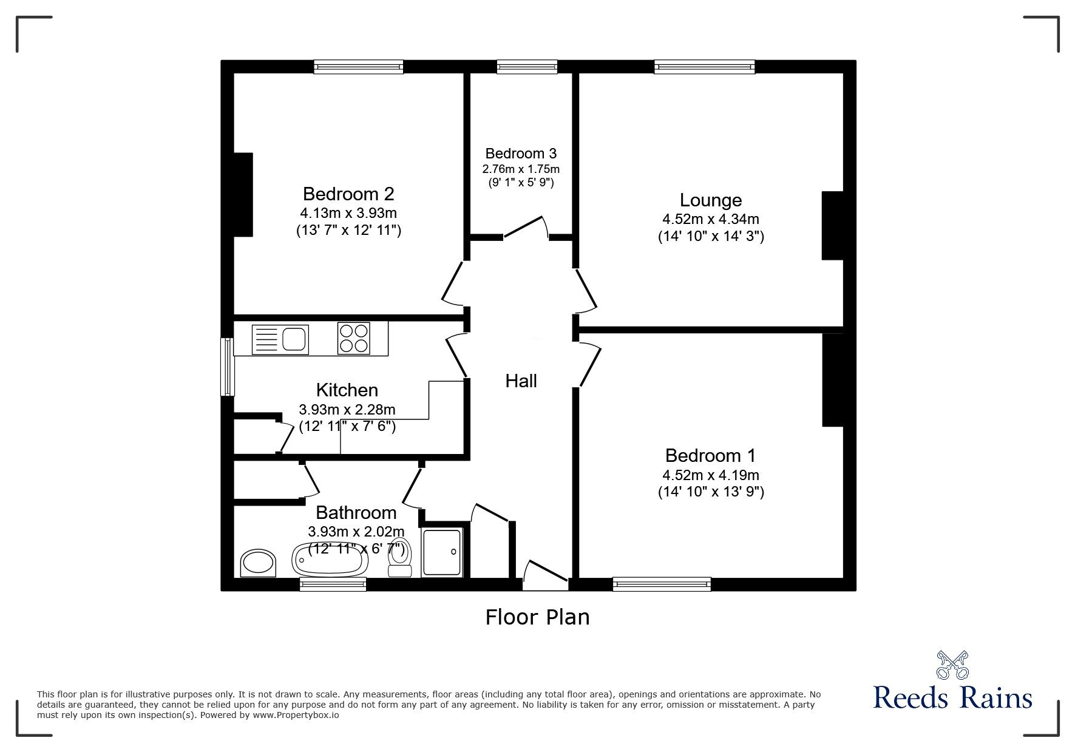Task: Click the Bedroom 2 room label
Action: pyautogui.click(x=348, y=194)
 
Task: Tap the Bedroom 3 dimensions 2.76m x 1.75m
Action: pyautogui.click(x=521, y=169)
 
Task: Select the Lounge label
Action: pyautogui.click(x=710, y=200)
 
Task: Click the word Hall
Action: pyautogui.click(x=521, y=381)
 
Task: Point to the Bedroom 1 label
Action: pyautogui.click(x=710, y=456)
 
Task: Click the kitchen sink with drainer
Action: pyautogui.click(x=280, y=339)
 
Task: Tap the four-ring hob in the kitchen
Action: pyautogui.click(x=353, y=338)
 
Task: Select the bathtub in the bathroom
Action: pyautogui.click(x=330, y=559)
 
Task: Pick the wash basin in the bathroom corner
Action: pyautogui.click(x=259, y=563)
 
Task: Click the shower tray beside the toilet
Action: pyautogui.click(x=442, y=552)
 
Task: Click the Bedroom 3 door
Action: pyautogui.click(x=526, y=227)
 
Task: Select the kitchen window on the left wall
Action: pyautogui.click(x=227, y=367)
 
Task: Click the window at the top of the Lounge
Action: pyautogui.click(x=704, y=67)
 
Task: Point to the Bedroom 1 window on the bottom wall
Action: pyautogui.click(x=662, y=584)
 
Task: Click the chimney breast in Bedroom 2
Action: pyautogui.click(x=243, y=195)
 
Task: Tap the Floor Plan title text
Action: pyautogui.click(x=537, y=617)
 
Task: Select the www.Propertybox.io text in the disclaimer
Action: pyautogui.click(x=296, y=716)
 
